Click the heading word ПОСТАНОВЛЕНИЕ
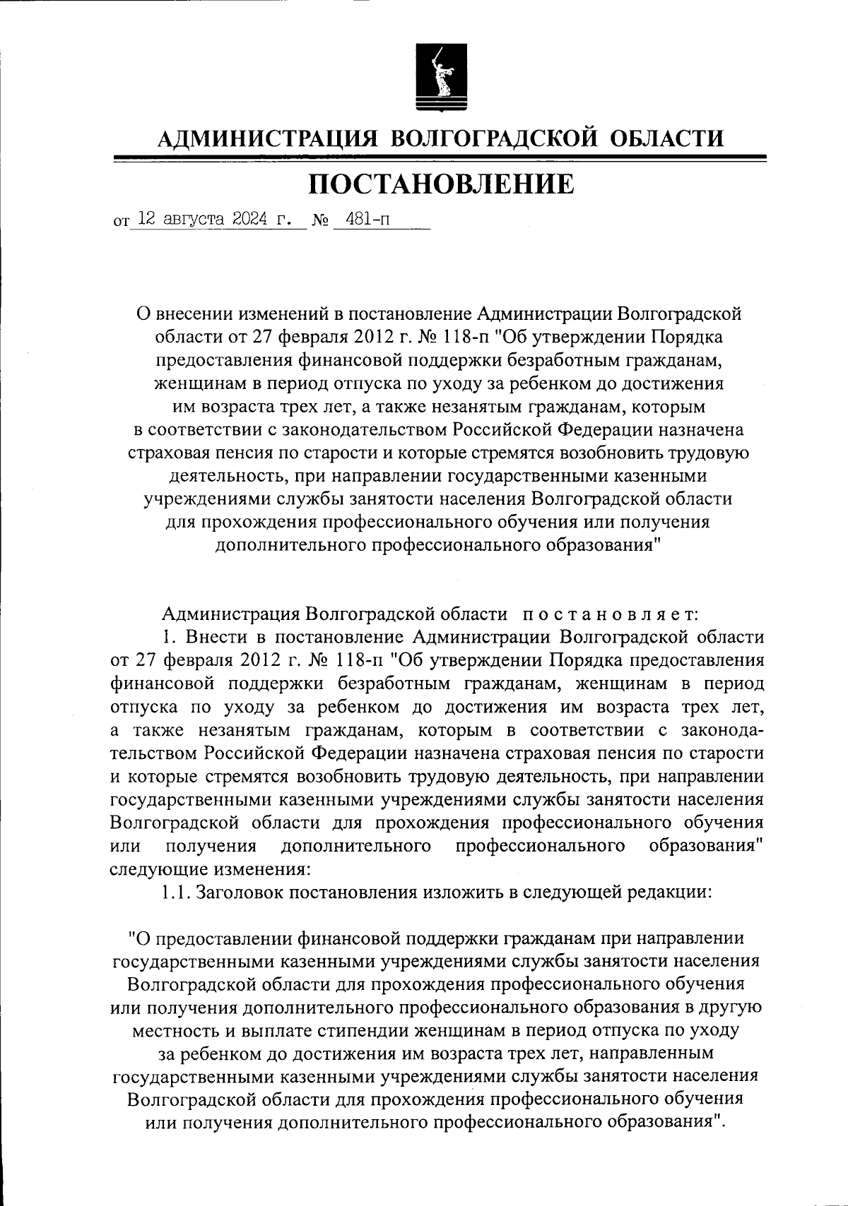click(442, 184)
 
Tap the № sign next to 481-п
click(322, 221)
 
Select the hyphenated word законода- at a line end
click(715, 729)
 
